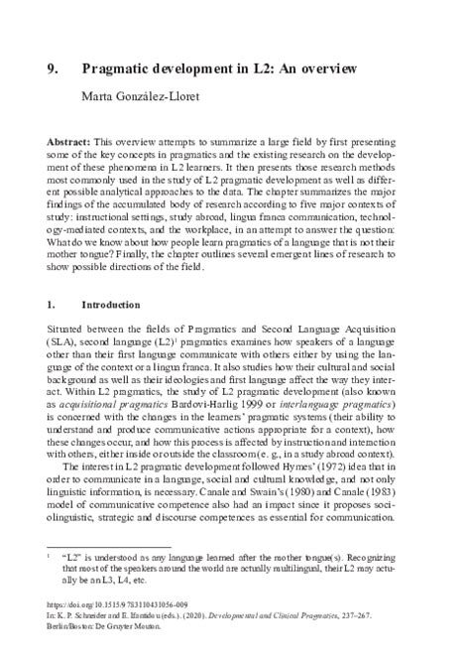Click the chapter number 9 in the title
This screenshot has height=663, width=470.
(54, 69)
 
